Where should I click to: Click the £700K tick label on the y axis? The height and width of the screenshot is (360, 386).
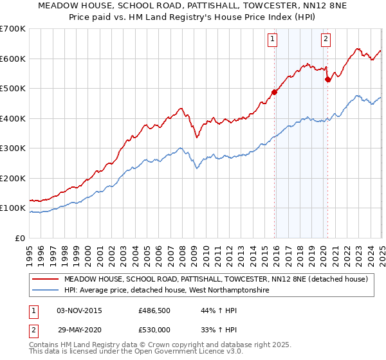click(x=13, y=29)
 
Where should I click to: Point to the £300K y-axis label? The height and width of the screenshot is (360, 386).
click(x=13, y=148)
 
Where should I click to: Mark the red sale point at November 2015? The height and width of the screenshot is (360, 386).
click(x=274, y=92)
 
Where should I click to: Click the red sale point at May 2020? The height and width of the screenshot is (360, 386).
click(x=327, y=79)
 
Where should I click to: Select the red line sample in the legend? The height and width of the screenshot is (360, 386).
click(x=45, y=280)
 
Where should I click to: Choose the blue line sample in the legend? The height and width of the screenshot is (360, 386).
click(x=45, y=291)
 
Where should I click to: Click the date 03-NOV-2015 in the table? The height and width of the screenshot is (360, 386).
click(x=79, y=310)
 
